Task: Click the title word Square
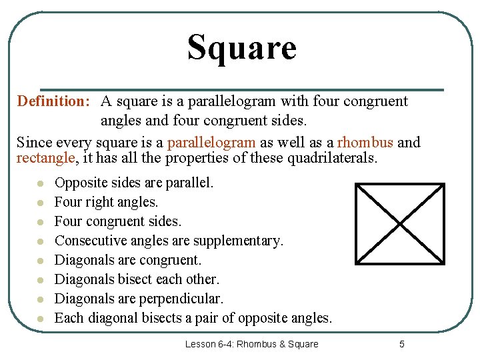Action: pos(241,48)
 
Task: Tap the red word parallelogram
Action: pos(211,142)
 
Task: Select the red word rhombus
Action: pos(365,142)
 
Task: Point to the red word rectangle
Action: pos(44,158)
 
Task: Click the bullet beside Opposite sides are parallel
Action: pos(41,183)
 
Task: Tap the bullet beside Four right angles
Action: pos(41,202)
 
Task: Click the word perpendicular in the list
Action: pos(183,299)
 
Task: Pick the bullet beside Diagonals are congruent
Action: pos(41,260)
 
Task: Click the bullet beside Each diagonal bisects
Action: pos(41,318)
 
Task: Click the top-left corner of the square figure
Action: pos(356,185)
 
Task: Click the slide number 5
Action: pos(401,344)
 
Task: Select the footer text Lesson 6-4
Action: pos(210,344)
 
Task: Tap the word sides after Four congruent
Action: pos(163,221)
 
